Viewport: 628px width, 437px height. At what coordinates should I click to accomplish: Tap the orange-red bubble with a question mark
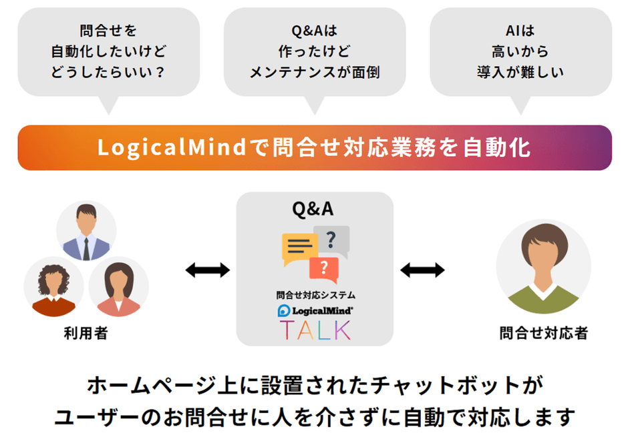(x=324, y=268)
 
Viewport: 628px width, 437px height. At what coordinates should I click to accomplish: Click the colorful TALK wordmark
(x=315, y=330)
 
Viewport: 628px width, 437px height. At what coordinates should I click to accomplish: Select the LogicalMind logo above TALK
(x=315, y=310)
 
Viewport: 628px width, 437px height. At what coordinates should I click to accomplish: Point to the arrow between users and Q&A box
(x=208, y=270)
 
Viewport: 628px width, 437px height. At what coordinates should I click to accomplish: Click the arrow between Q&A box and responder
(x=422, y=270)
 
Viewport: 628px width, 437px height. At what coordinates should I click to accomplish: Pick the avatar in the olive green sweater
(x=543, y=267)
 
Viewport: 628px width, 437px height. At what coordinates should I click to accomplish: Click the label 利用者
(x=86, y=333)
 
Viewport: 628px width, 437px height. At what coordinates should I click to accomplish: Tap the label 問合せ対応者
(x=543, y=333)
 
